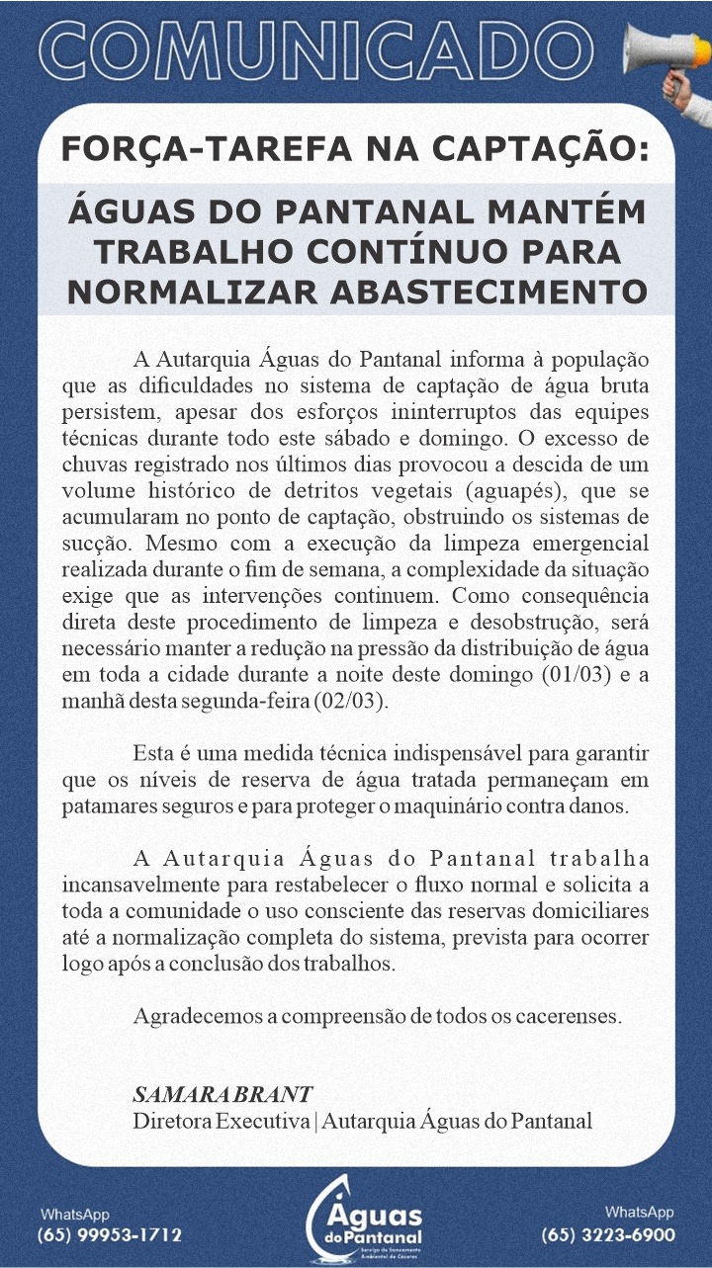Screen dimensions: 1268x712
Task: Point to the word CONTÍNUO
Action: (x=439, y=252)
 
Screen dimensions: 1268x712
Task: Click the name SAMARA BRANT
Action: (x=222, y=1094)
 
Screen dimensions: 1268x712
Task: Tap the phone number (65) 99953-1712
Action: (x=109, y=1234)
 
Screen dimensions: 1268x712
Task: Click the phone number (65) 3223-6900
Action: (x=608, y=1234)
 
